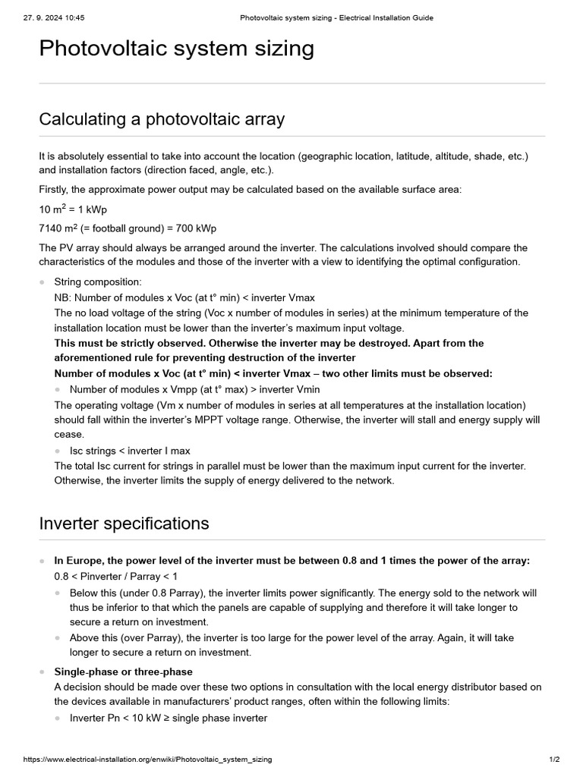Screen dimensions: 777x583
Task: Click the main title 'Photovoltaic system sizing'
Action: (176, 49)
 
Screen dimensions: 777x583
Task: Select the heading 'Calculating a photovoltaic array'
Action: (162, 119)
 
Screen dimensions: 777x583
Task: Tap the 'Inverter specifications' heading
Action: (124, 524)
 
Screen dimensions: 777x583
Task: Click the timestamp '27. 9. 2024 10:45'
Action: (54, 17)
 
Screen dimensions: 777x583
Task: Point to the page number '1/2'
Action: (554, 759)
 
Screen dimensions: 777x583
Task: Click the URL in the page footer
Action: (147, 759)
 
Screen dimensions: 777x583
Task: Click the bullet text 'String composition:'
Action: (98, 282)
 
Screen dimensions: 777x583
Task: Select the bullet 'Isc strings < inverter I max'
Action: (130, 451)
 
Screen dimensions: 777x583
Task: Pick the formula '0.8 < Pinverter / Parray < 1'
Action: (116, 576)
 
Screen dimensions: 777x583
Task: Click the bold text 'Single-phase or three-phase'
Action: (123, 672)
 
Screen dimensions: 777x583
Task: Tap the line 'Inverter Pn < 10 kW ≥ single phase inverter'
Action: (168, 718)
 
